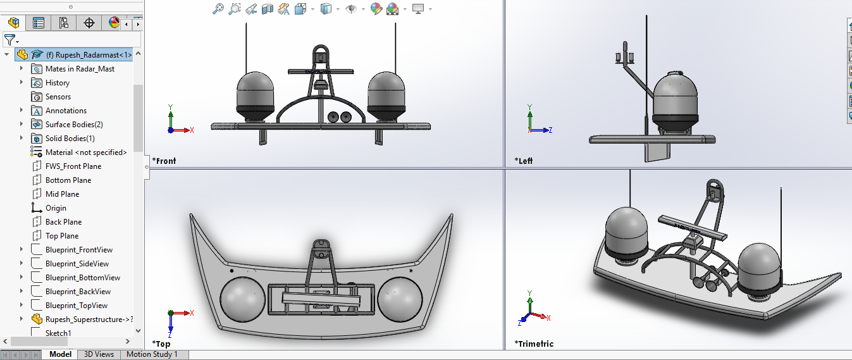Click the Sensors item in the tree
(x=58, y=97)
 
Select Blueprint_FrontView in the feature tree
(x=78, y=250)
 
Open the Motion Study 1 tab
(x=152, y=354)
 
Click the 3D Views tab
(x=99, y=354)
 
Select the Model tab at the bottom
(x=61, y=354)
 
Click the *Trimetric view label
(x=534, y=344)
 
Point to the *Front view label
(x=164, y=161)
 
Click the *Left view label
(x=524, y=161)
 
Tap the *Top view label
(x=161, y=344)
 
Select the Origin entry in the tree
(x=56, y=208)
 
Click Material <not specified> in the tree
(x=85, y=152)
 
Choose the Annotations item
(x=66, y=111)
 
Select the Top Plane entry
(x=62, y=236)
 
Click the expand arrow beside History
(x=22, y=83)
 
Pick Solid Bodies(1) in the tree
(x=70, y=139)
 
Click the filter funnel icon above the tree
(x=9, y=40)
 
